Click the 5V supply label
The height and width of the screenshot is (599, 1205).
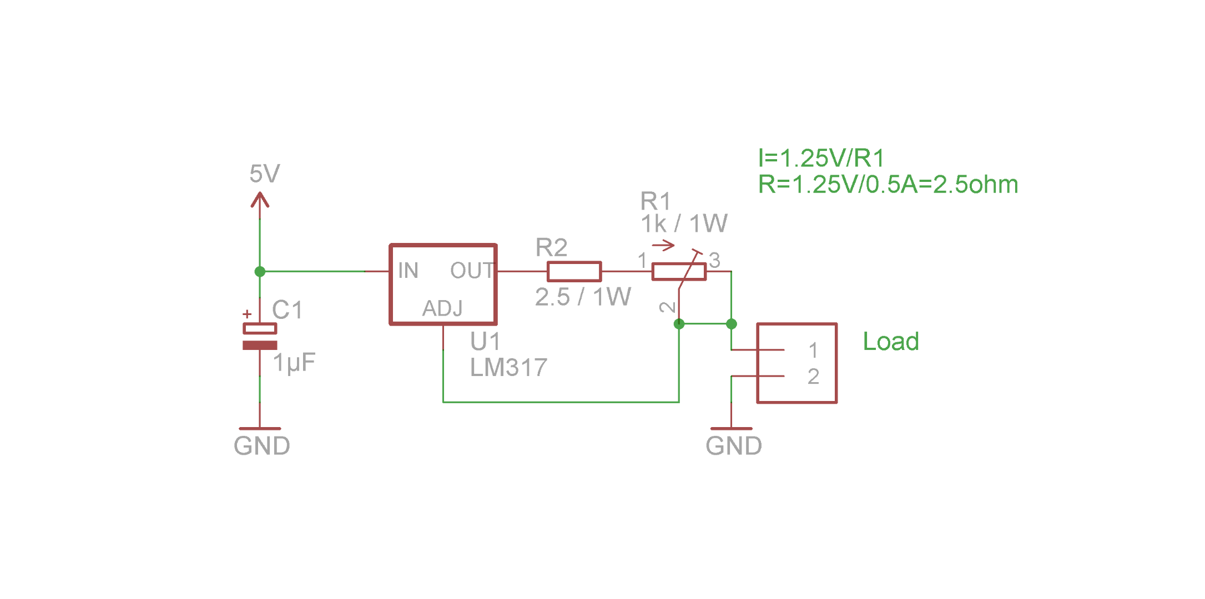click(264, 174)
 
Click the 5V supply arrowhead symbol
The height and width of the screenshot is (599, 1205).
click(260, 200)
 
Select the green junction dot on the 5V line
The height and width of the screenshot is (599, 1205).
click(260, 272)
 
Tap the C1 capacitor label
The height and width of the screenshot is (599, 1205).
click(287, 310)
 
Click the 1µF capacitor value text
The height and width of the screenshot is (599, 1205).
click(294, 363)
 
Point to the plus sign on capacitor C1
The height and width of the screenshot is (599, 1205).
click(247, 314)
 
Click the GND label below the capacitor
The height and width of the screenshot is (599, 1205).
click(261, 446)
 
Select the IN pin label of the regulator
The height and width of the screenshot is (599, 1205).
click(408, 271)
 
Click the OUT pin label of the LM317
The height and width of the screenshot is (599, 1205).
click(471, 271)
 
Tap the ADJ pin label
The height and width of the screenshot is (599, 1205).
click(442, 308)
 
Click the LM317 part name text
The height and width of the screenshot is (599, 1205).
click(508, 368)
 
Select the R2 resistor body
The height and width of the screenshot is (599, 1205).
click(574, 272)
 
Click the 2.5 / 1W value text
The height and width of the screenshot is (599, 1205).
click(583, 297)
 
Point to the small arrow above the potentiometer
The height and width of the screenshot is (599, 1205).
click(663, 245)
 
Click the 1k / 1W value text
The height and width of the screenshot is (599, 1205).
click(684, 224)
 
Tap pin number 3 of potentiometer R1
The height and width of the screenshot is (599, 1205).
click(715, 260)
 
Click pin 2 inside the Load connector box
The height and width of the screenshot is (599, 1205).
click(813, 377)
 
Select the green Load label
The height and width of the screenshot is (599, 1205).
click(891, 342)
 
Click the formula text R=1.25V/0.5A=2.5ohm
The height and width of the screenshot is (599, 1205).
click(888, 185)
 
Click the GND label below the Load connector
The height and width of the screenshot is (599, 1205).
click(733, 446)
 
